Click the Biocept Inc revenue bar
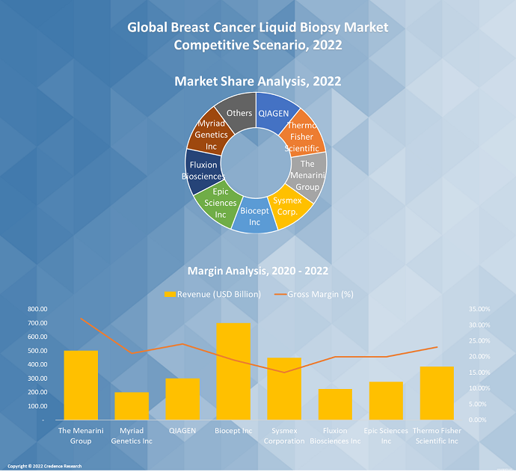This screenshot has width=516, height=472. click(x=233, y=371)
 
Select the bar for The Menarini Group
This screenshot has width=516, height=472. click(x=81, y=385)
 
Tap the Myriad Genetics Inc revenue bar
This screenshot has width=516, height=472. click(x=132, y=405)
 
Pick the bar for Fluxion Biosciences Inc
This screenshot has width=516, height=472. click(x=335, y=404)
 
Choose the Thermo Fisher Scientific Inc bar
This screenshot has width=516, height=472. click(x=437, y=393)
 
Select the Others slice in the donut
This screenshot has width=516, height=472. click(x=240, y=113)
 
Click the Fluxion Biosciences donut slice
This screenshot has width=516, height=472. click(x=203, y=170)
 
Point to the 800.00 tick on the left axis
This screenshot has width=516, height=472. click(x=37, y=309)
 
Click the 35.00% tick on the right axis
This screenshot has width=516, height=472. click(x=479, y=309)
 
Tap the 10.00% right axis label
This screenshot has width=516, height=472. click(x=479, y=388)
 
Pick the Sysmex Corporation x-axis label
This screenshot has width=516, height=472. click(x=284, y=435)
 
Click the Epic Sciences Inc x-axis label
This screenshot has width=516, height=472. click(x=386, y=435)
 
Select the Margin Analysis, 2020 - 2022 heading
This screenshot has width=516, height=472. click(x=258, y=271)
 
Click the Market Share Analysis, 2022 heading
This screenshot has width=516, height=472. click(x=258, y=81)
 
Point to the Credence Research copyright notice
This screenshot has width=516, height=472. click(x=45, y=466)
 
